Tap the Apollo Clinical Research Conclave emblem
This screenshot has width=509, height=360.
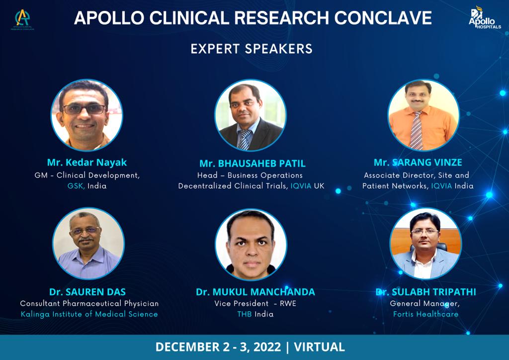22,19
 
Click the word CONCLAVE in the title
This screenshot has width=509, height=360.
383,17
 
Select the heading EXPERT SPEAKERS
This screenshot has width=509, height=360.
252,49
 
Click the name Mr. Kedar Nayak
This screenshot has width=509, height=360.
86,162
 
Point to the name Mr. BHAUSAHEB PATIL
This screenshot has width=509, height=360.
253,163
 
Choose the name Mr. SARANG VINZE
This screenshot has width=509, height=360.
418,162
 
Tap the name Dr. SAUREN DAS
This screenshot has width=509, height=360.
87,292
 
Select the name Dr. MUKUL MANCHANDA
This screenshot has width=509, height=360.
255,292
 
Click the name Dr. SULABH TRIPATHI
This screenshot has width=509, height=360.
425,292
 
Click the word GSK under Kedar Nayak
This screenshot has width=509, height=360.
76,186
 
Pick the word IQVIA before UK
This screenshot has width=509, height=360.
301,186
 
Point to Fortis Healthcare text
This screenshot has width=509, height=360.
425,314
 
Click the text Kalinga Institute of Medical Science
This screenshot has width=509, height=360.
89,314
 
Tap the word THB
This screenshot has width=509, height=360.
245,314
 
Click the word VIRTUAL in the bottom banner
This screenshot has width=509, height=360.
319,347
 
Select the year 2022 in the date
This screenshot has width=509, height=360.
267,347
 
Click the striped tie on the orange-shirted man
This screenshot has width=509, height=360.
417,130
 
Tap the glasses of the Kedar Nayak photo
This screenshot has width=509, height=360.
84,109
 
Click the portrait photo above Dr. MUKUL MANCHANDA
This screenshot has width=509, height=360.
251,245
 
